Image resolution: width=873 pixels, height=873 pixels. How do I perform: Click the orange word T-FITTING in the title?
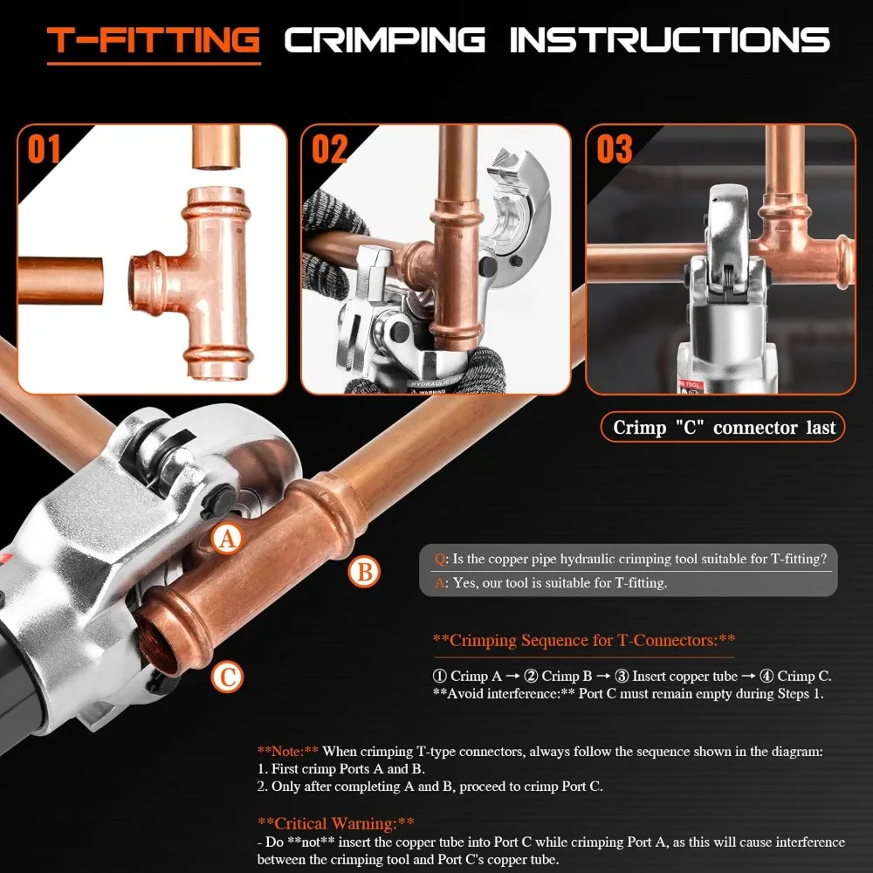[x=154, y=40]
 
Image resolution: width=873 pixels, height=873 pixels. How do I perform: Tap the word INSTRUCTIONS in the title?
[x=669, y=40]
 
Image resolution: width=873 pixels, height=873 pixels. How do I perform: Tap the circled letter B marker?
[x=365, y=573]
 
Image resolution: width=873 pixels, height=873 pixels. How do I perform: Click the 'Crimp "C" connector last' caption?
[x=724, y=427]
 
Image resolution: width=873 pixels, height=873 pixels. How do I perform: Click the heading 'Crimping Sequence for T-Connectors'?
[x=584, y=640]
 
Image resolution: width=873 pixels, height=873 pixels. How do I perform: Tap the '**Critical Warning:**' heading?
[x=336, y=822]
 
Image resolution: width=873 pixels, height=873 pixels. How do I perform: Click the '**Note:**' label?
[x=288, y=751]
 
